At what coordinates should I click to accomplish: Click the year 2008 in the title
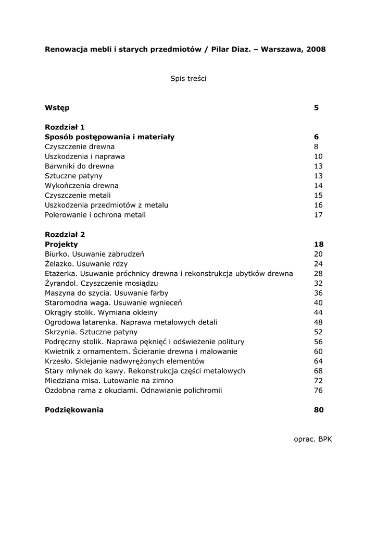(316, 50)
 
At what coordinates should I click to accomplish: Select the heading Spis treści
(188, 79)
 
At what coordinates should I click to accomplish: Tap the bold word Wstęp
(57, 108)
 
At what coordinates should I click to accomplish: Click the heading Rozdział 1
(65, 127)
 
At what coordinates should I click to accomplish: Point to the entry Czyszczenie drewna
(80, 147)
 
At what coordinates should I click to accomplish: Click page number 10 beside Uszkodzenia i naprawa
(319, 156)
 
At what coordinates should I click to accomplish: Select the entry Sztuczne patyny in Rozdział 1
(73, 176)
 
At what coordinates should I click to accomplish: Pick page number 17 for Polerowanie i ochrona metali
(319, 215)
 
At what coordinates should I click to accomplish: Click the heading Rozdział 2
(65, 235)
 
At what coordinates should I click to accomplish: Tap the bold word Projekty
(61, 244)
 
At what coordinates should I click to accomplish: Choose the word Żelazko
(58, 264)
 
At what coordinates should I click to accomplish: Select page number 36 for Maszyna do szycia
(319, 293)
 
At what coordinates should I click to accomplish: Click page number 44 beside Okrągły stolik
(319, 312)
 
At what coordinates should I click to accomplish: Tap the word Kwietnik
(59, 351)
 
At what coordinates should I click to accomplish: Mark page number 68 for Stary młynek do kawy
(319, 371)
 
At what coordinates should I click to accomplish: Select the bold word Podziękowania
(74, 410)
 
